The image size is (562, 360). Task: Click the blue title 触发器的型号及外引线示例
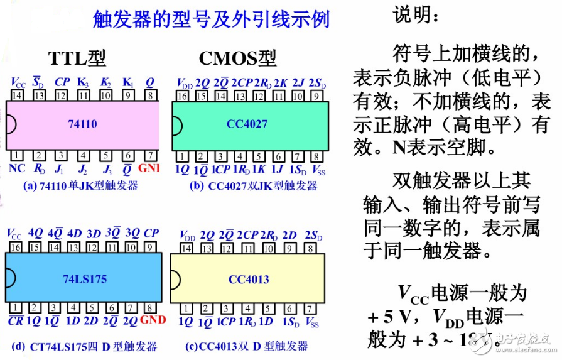click(x=211, y=19)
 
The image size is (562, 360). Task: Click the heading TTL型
click(x=77, y=58)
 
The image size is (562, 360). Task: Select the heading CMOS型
click(x=237, y=58)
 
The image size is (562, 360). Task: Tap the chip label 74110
click(x=82, y=124)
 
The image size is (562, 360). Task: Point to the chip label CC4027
click(x=247, y=124)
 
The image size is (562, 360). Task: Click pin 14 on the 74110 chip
click(x=17, y=95)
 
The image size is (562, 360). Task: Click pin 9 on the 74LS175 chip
click(x=151, y=248)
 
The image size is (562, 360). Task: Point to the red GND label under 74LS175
click(x=153, y=320)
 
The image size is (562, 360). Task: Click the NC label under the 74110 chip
click(x=18, y=168)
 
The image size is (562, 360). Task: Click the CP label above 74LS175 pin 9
click(x=151, y=233)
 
